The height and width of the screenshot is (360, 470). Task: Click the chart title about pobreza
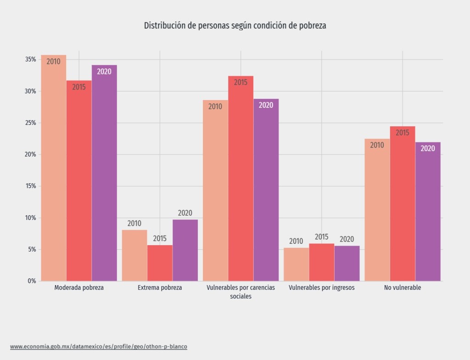pyautogui.click(x=235, y=26)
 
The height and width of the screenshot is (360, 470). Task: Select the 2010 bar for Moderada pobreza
pyautogui.click(x=54, y=170)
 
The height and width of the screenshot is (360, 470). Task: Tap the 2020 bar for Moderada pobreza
pyautogui.click(x=104, y=174)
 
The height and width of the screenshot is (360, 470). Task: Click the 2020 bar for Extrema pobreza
pyautogui.click(x=185, y=250)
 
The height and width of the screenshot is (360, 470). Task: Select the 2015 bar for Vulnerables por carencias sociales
pyautogui.click(x=241, y=179)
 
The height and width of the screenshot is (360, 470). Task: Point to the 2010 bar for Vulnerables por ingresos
pyautogui.click(x=296, y=264)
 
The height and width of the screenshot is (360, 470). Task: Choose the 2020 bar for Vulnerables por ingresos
pyautogui.click(x=347, y=264)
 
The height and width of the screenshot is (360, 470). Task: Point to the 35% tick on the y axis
pyautogui.click(x=31, y=60)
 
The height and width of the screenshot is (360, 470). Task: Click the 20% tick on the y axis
pyautogui.click(x=31, y=155)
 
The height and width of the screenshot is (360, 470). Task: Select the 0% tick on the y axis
pyautogui.click(x=32, y=281)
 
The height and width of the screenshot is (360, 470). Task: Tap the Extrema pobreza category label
pyautogui.click(x=160, y=288)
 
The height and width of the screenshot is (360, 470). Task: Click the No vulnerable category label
pyautogui.click(x=403, y=288)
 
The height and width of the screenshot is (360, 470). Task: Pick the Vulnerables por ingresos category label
pyautogui.click(x=322, y=288)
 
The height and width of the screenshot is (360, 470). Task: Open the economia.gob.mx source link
pyautogui.click(x=98, y=346)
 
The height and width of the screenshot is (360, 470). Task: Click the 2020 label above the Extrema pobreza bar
pyautogui.click(x=185, y=213)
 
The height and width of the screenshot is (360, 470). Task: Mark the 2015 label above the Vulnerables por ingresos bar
pyautogui.click(x=322, y=237)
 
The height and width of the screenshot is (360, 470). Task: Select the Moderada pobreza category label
pyautogui.click(x=79, y=288)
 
